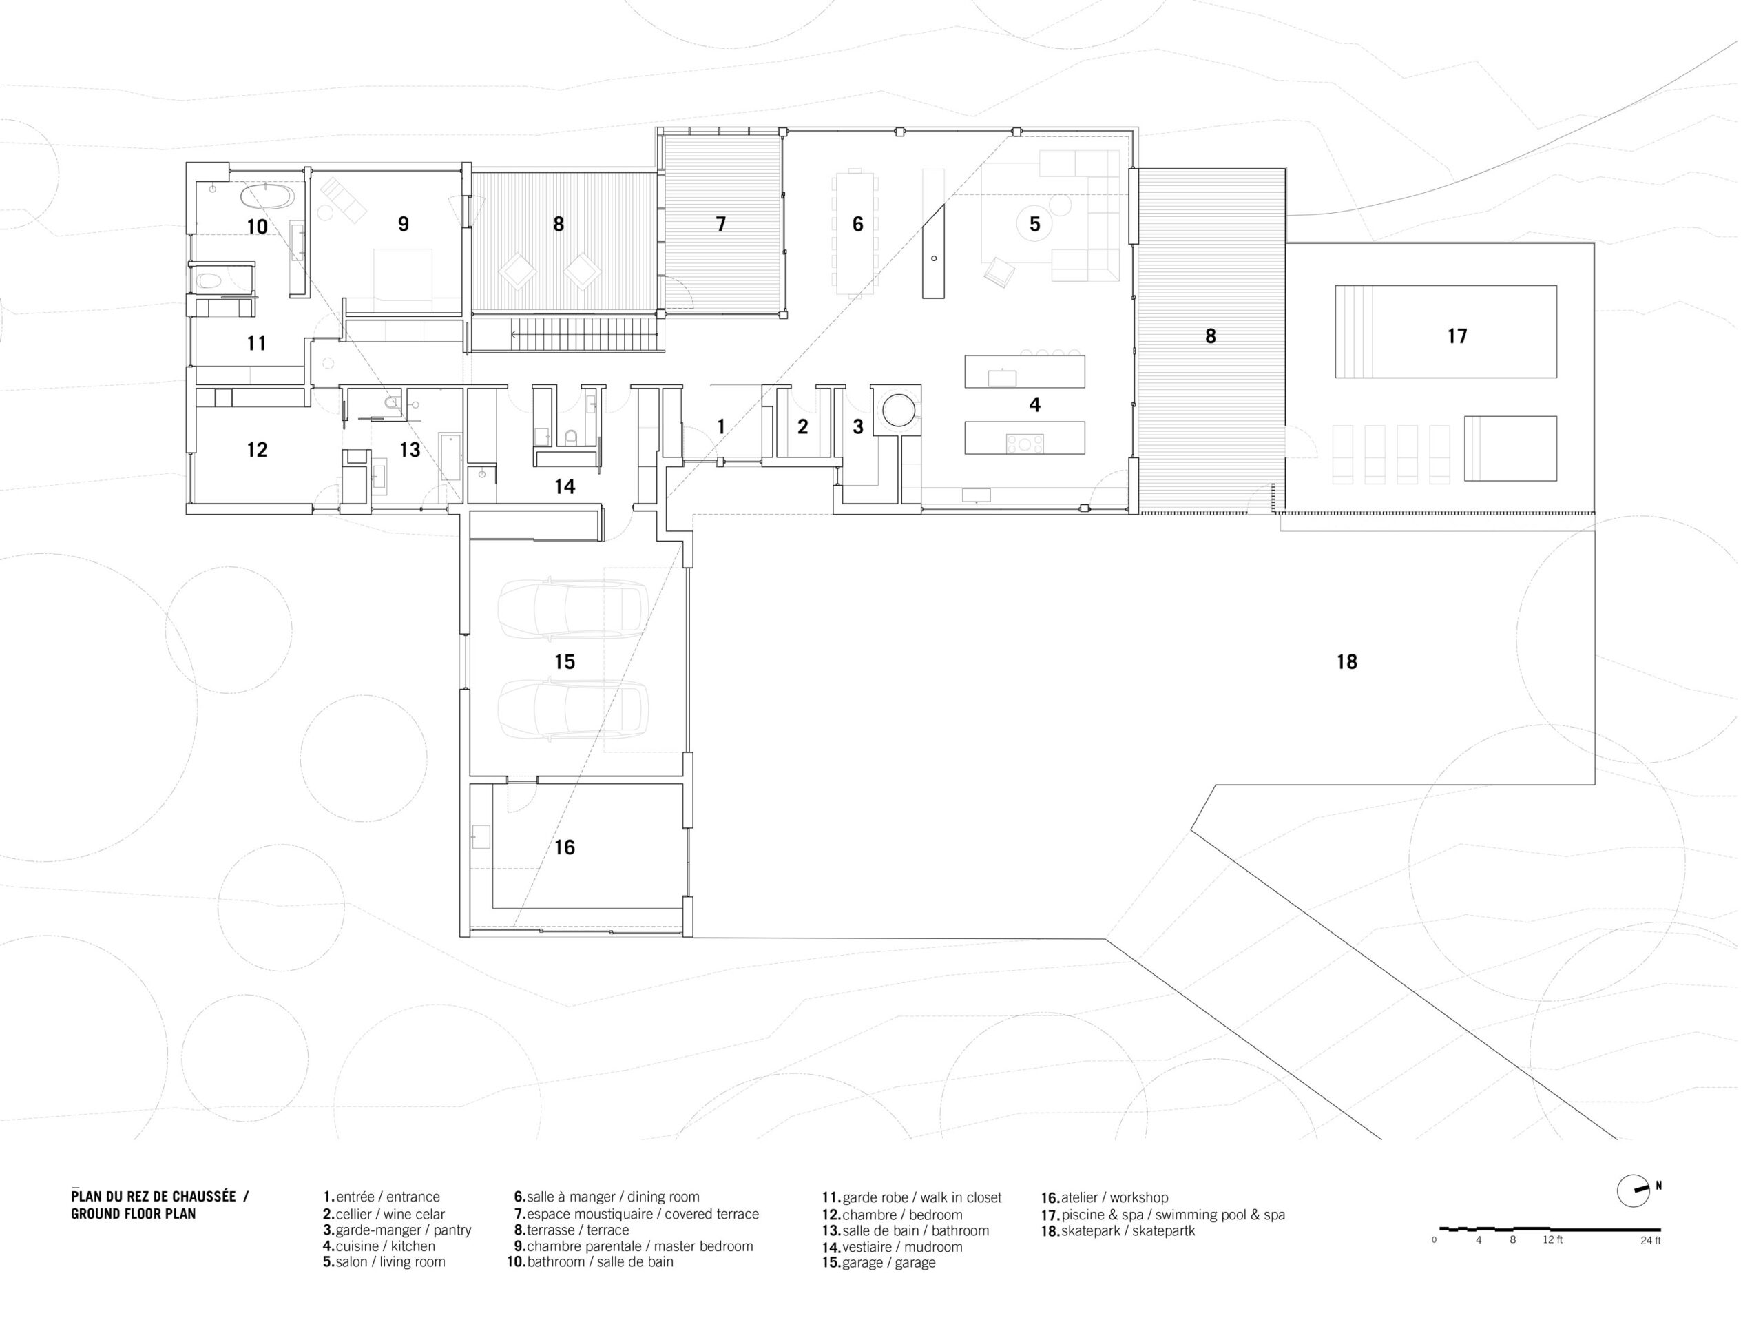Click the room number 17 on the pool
(1457, 336)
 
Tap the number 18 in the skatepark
(1347, 661)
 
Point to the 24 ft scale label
(1651, 1240)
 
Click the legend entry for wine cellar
(384, 1214)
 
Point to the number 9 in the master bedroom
(404, 224)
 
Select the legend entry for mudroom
(892, 1247)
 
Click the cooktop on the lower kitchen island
(1024, 443)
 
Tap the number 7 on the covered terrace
(720, 224)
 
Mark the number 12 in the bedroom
(257, 450)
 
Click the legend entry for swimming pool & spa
(1163, 1215)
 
